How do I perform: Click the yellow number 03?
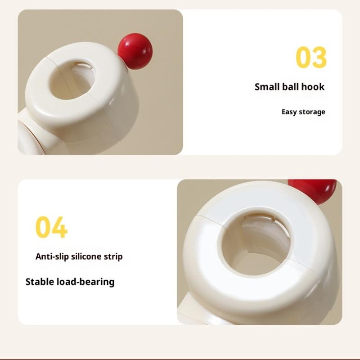click(x=311, y=57)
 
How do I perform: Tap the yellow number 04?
click(x=51, y=227)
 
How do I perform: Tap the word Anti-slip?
click(x=52, y=256)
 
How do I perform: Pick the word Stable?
click(x=40, y=282)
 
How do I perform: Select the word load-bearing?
click(x=85, y=282)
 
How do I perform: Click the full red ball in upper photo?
click(x=135, y=51)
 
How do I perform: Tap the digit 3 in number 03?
click(x=319, y=57)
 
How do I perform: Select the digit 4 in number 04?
click(x=60, y=227)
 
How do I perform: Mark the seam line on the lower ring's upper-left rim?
click(x=210, y=220)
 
